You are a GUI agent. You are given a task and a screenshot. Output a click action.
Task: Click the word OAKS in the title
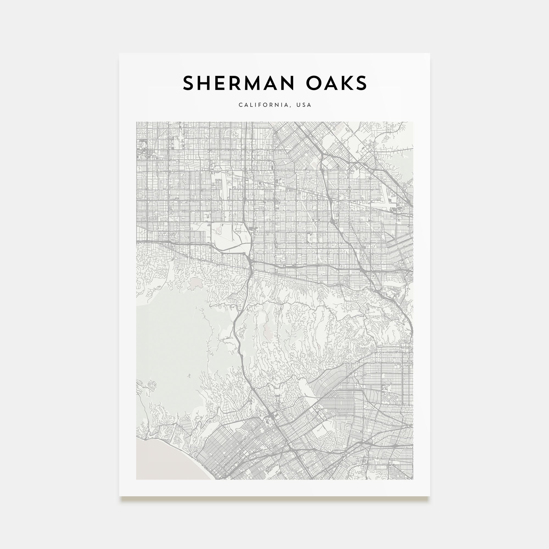(337, 83)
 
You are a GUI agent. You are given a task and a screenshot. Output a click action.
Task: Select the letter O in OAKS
(314, 83)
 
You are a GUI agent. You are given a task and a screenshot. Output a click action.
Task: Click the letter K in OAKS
(347, 83)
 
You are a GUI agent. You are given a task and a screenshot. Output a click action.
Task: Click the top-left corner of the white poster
(120, 54)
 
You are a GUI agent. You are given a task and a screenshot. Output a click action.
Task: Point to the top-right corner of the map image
(413, 122)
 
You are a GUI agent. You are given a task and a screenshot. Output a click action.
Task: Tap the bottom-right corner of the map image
(413, 479)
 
